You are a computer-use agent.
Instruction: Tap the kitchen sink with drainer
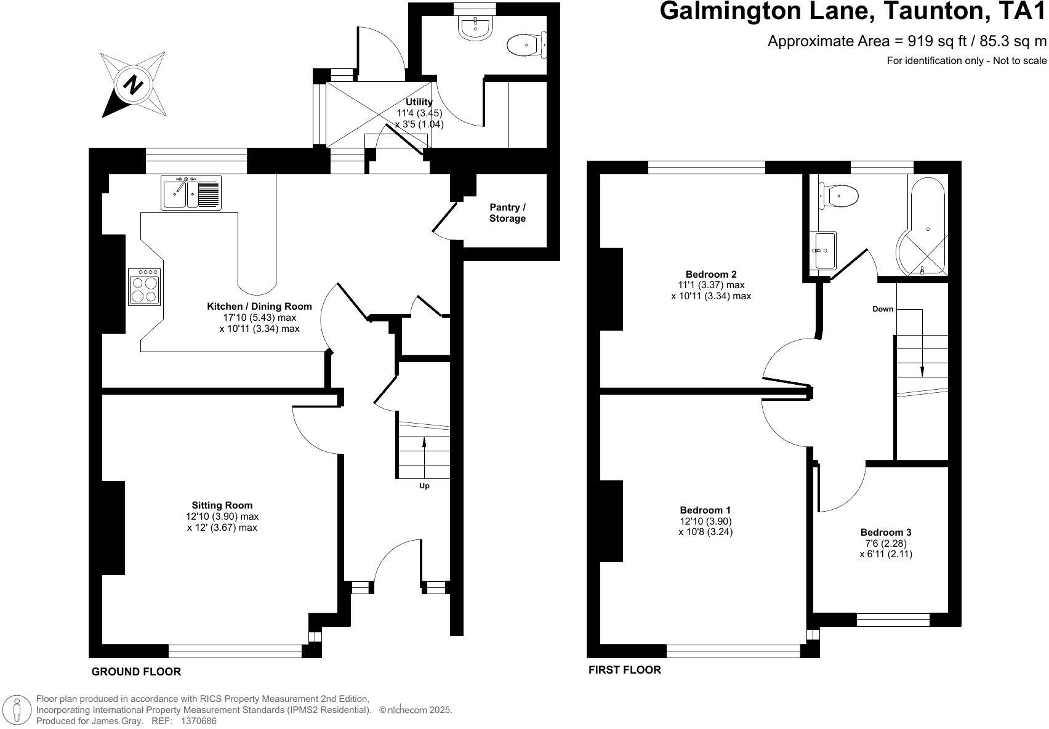click(190, 193)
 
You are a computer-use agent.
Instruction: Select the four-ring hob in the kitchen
click(145, 287)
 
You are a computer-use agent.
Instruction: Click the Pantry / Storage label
click(507, 213)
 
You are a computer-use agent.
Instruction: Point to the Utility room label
click(419, 102)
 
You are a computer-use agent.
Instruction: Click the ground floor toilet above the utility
click(525, 44)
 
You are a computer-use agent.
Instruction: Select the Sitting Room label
click(222, 505)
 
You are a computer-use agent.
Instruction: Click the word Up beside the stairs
click(424, 486)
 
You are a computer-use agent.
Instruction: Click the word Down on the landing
click(882, 309)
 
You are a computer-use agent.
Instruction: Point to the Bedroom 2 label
click(711, 275)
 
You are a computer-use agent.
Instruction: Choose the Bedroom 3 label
click(885, 533)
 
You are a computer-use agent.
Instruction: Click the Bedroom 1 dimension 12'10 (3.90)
click(705, 521)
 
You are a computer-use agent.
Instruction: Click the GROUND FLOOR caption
click(136, 672)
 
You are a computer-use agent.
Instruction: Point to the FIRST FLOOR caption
click(624, 670)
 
